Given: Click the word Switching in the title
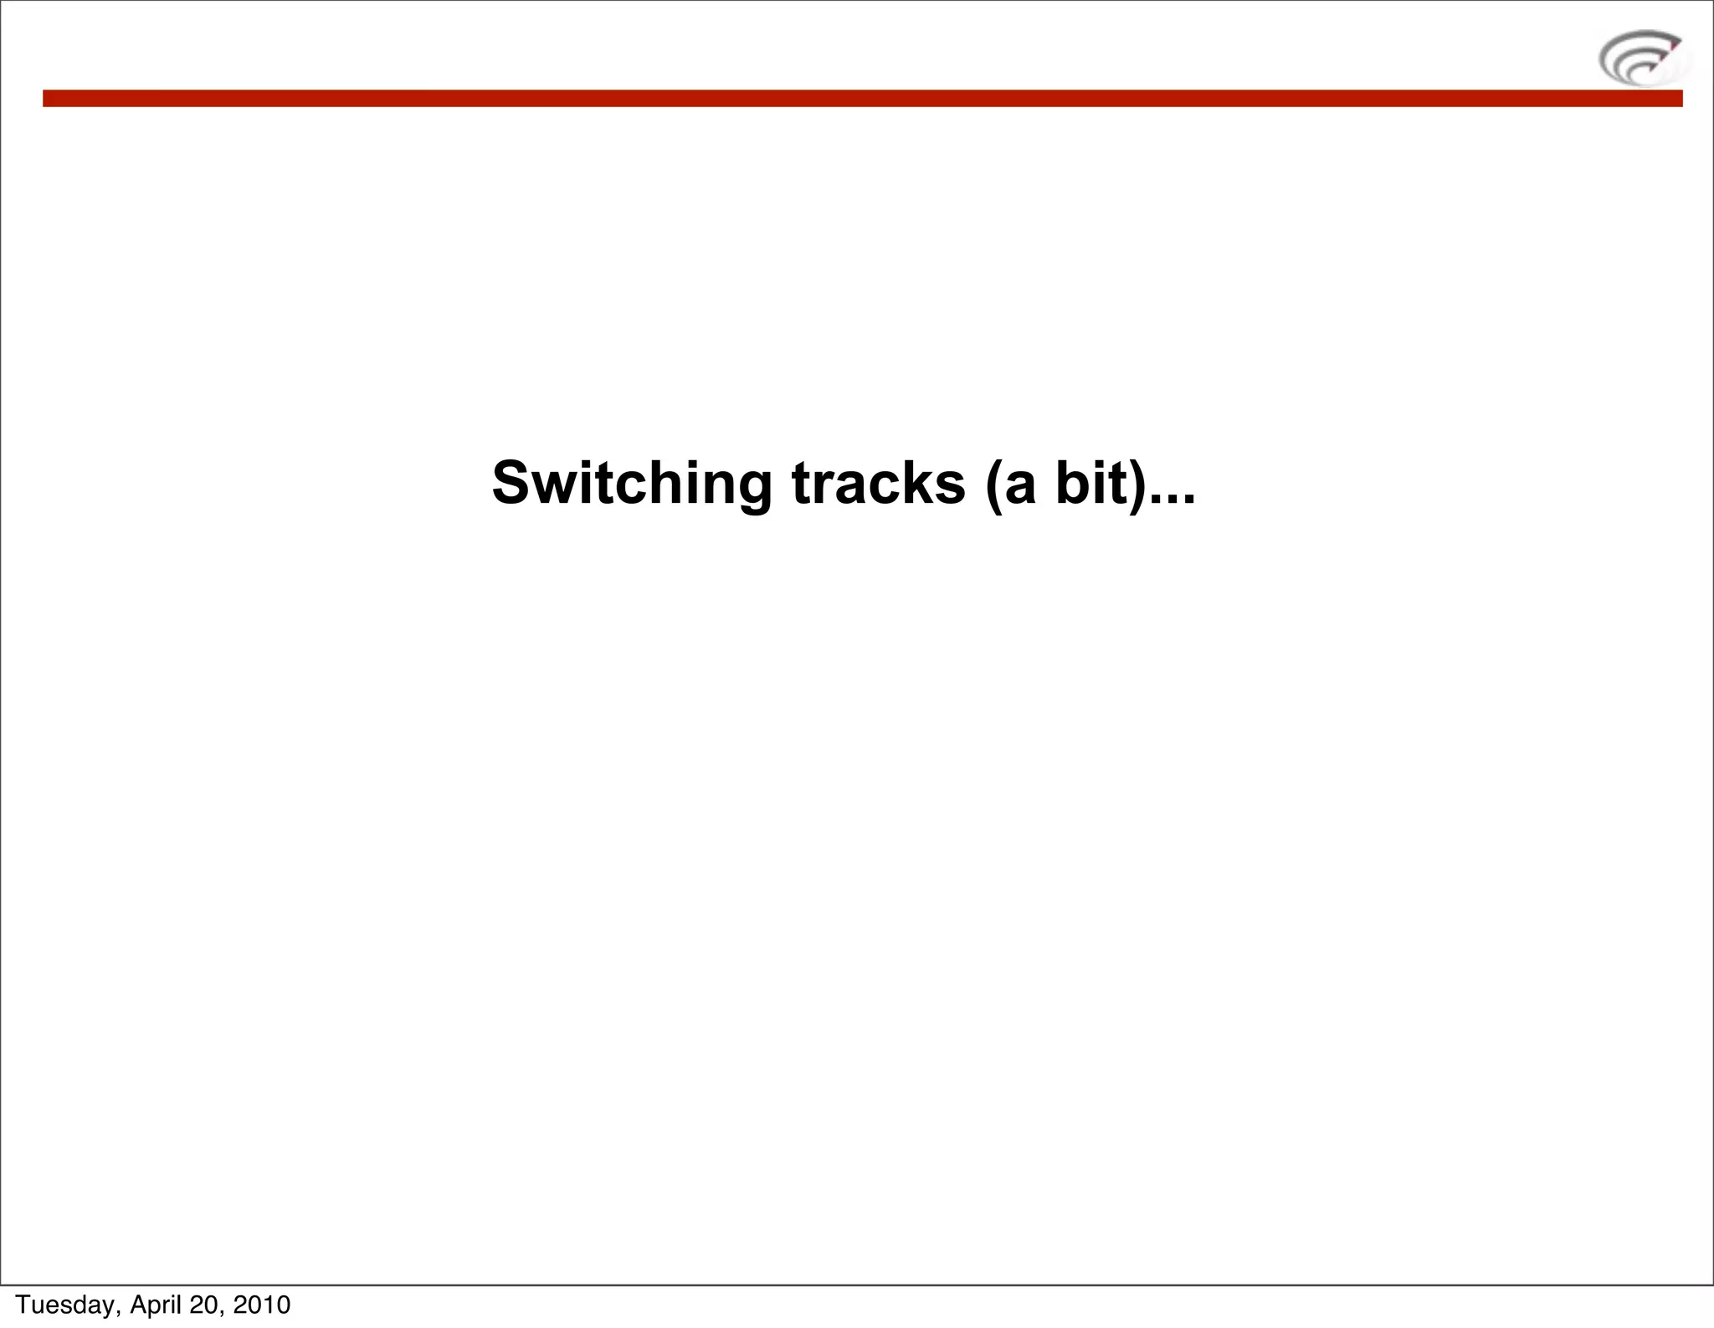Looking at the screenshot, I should point(632,485).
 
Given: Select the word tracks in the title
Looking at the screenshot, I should point(878,485).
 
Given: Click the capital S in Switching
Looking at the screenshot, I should point(512,484).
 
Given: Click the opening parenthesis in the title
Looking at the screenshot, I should point(993,485).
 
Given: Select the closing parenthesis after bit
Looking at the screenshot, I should point(1137,485).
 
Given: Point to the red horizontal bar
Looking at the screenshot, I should point(862,99).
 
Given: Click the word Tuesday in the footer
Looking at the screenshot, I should point(68,1305).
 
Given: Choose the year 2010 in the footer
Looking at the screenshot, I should point(262,1305).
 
